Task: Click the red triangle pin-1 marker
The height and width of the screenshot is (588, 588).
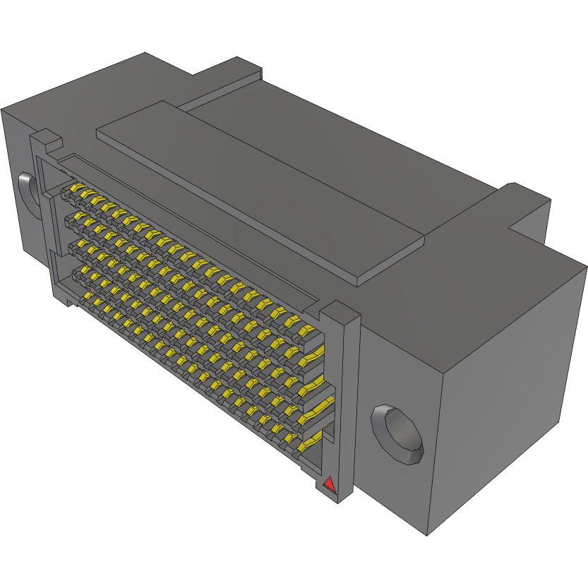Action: click(x=328, y=484)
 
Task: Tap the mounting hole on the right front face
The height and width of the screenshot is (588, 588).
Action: click(x=397, y=433)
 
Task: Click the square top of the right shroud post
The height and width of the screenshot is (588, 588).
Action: click(x=342, y=310)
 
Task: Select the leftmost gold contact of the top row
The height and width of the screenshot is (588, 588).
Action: click(x=70, y=191)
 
